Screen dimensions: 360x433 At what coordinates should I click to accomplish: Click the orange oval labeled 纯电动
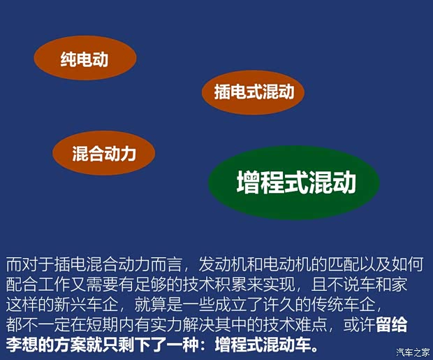click(85, 59)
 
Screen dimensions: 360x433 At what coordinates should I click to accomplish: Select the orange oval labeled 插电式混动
click(254, 92)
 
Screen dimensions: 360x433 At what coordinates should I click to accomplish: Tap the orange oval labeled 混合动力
click(103, 153)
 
